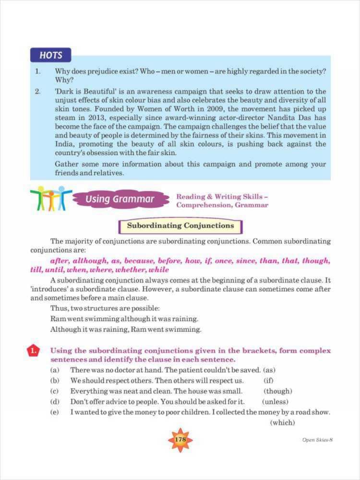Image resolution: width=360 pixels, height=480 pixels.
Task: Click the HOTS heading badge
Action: click(50, 55)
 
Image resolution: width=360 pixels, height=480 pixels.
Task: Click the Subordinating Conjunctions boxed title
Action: click(180, 226)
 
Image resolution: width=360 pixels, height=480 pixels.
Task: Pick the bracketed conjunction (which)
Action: click(282, 423)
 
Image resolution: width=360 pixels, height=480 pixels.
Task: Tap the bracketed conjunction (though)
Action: click(277, 391)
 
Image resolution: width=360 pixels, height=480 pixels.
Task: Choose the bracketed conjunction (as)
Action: click(269, 370)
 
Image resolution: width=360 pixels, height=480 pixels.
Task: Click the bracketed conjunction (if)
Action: click(268, 381)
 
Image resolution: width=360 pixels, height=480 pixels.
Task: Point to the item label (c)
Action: click(55, 391)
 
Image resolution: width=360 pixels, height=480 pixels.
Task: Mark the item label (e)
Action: click(55, 412)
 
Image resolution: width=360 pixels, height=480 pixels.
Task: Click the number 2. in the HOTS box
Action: click(37, 91)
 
